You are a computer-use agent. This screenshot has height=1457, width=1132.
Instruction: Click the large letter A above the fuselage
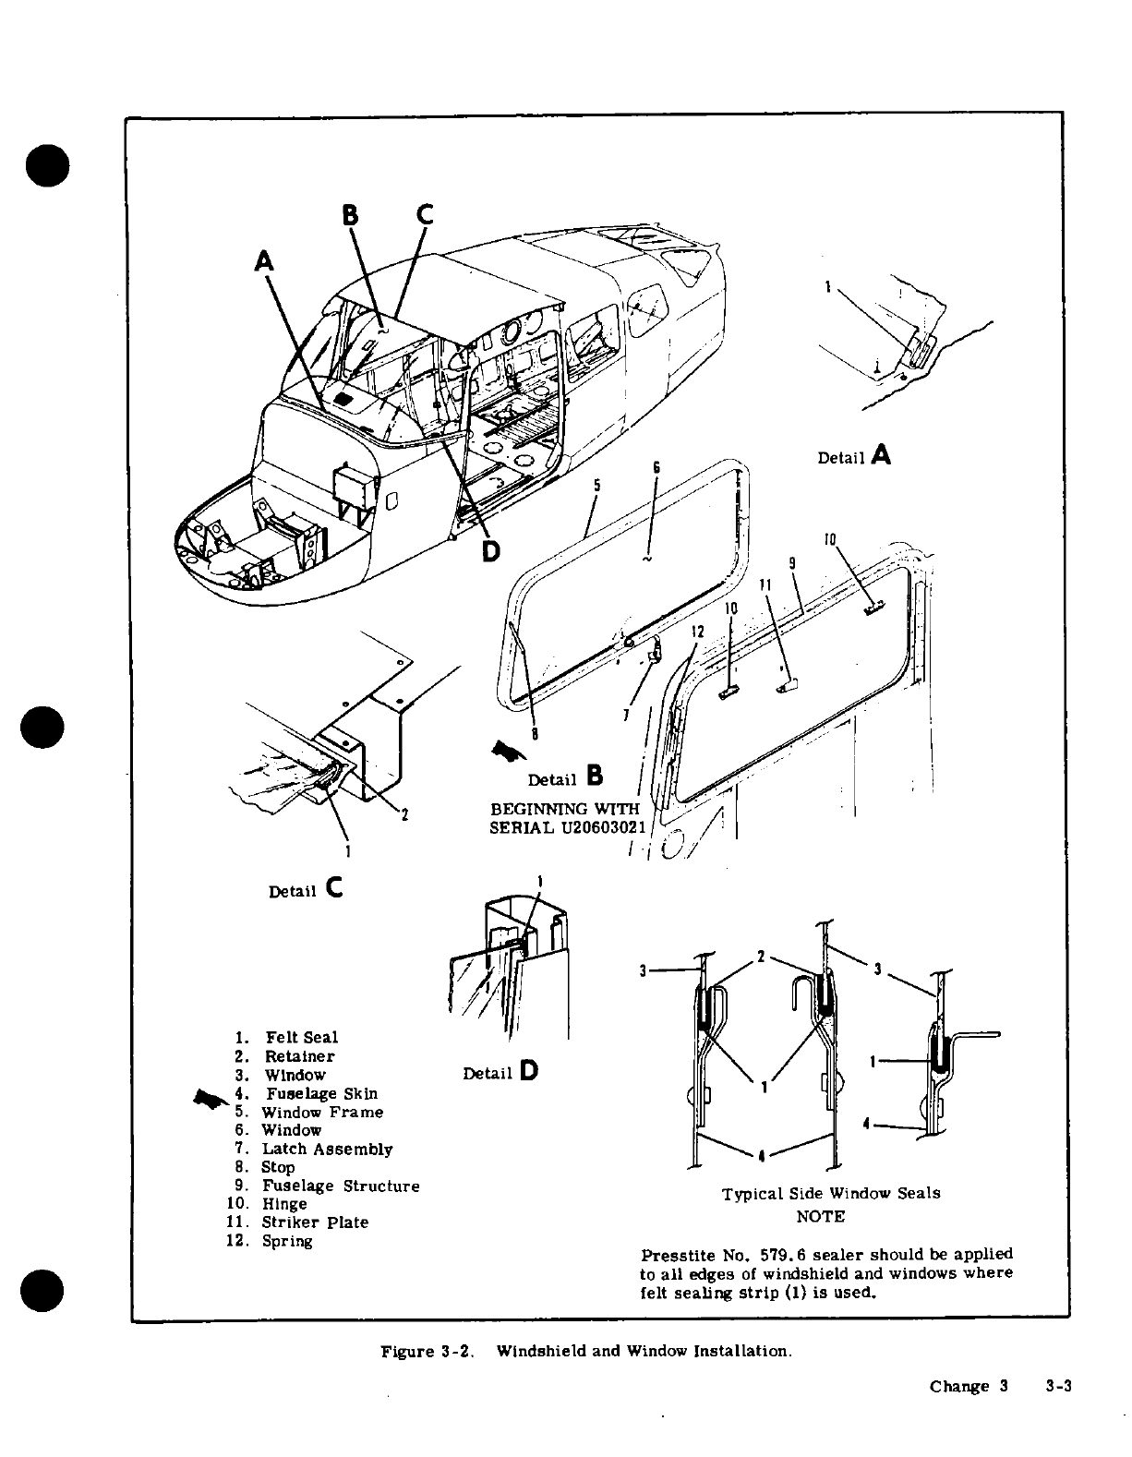pos(264,261)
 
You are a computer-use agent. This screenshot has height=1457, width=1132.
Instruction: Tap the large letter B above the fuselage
pos(351,215)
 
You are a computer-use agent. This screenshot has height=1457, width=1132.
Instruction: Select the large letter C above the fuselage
pos(425,214)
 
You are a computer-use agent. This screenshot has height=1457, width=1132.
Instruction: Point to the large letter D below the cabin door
pos(491,551)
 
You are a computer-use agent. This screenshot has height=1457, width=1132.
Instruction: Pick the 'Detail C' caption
pos(305,890)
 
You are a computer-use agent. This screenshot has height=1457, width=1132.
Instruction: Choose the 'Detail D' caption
pos(500,1072)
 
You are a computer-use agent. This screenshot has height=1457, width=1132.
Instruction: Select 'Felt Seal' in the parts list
pos(302,1038)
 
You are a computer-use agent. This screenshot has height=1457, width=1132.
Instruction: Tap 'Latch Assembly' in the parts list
pos(328,1149)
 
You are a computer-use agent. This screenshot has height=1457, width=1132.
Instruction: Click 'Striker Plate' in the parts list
pos(315,1222)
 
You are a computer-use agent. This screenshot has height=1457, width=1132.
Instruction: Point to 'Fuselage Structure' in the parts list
pos(341,1186)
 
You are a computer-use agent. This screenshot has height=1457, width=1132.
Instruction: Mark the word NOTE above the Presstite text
pos(820,1216)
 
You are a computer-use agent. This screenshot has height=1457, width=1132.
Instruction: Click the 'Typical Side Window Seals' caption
pos(831,1193)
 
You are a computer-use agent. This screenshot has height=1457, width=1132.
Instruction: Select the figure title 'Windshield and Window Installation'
pos(644,1352)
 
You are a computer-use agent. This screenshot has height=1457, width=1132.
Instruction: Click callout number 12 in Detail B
pos(697,632)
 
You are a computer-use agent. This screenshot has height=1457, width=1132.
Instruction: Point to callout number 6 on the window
pos(656,467)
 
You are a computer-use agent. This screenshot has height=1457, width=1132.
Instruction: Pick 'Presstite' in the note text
pos(676,1255)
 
